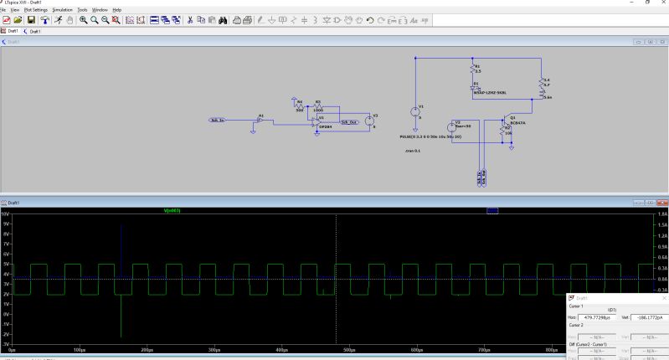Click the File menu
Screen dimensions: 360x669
pyautogui.click(x=3, y=9)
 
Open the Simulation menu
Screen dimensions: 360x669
pyautogui.click(x=62, y=9)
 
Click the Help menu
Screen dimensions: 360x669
pyautogui.click(x=116, y=9)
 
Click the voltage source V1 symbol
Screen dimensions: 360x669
pyautogui.click(x=414, y=111)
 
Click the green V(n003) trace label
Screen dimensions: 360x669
pyautogui.click(x=173, y=210)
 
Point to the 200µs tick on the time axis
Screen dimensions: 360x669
pyautogui.click(x=147, y=348)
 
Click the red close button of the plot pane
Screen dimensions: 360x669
pyautogui.click(x=663, y=203)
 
